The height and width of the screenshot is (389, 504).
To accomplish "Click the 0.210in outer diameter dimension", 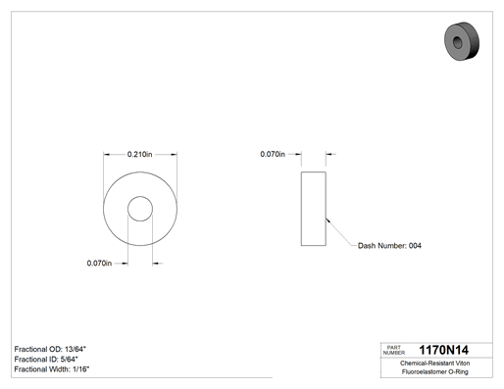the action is [139, 154].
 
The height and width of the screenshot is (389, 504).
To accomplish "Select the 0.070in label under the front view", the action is [99, 263].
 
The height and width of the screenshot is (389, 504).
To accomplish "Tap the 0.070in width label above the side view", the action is [273, 154].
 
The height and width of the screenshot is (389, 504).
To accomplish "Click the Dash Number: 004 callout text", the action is [389, 246].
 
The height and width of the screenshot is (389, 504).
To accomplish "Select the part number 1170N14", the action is [443, 350].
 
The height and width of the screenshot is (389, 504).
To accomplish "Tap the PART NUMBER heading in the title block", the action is [394, 350].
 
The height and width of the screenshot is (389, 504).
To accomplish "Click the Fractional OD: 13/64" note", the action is [50, 349].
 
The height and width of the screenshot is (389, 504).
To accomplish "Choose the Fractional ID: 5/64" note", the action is [46, 360].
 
